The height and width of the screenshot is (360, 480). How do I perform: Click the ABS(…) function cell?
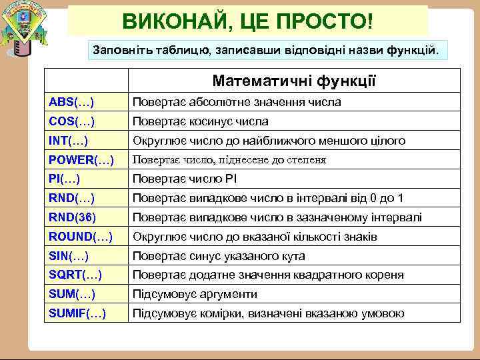(71, 102)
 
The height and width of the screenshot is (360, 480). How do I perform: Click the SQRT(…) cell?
(75, 275)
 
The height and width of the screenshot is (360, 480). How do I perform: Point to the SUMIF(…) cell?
(77, 313)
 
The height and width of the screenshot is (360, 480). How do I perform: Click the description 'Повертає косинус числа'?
(200, 121)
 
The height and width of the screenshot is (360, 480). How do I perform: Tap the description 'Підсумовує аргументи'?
(195, 294)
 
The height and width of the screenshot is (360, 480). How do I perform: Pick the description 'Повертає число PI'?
(185, 179)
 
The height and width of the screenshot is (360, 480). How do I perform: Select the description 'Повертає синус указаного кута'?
(219, 256)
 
